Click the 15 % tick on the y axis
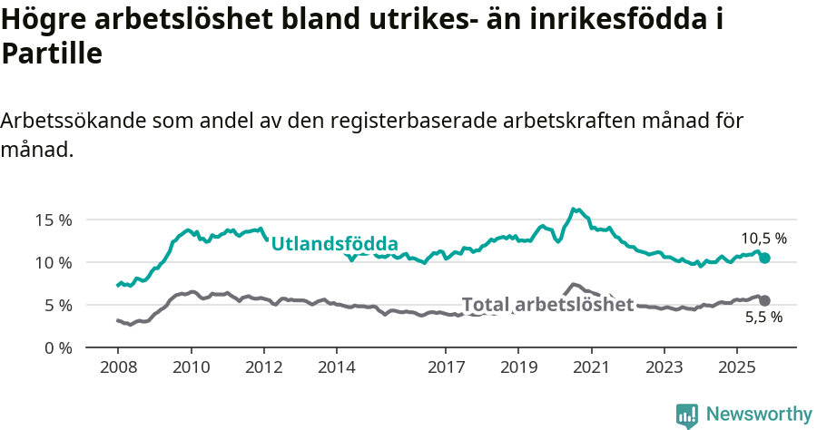[54, 220]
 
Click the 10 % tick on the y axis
[54, 262]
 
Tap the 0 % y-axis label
[57, 347]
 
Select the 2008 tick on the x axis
[118, 368]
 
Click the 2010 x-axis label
[191, 368]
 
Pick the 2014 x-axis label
[336, 368]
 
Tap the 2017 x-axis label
[446, 368]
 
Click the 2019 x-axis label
[518, 368]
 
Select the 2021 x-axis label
[591, 368]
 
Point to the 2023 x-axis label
[664, 368]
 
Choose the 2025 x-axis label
[736, 368]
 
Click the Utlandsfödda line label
[335, 243]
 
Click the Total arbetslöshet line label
[547, 305]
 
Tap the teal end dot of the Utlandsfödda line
[764, 258]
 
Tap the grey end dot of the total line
[764, 300]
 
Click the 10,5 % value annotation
[763, 239]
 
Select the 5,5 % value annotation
[763, 318]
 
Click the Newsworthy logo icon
[687, 415]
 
